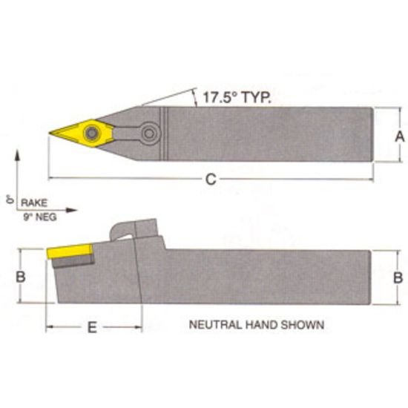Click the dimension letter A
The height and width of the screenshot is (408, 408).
click(398, 136)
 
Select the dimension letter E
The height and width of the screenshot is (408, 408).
click(92, 328)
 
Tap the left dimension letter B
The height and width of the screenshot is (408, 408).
click(22, 276)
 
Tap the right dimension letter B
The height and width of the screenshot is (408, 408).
click(398, 277)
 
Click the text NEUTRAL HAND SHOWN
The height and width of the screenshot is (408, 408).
click(257, 324)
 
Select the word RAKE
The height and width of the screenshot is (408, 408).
click(33, 202)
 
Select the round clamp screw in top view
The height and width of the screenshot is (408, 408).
click(151, 134)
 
